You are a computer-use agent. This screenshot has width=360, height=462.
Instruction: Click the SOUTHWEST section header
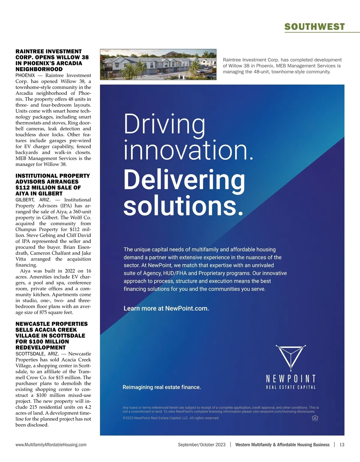point(314,27)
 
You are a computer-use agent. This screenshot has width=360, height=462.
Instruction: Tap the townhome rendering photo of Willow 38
point(158,64)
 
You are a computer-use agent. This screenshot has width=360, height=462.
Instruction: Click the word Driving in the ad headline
point(164,124)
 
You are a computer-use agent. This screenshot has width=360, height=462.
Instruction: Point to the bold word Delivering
point(184,180)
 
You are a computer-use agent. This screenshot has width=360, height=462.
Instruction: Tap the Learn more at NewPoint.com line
point(166,308)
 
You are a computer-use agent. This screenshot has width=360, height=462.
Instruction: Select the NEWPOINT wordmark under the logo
point(291,378)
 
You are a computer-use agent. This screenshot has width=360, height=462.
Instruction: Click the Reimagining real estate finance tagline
point(162,387)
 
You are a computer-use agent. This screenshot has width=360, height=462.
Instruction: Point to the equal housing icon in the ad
point(315,418)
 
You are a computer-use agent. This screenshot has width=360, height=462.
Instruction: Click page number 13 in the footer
point(342,445)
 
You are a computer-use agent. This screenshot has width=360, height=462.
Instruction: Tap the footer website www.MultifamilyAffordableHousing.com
point(51,445)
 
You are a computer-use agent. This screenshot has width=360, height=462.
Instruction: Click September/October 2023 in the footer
point(202,445)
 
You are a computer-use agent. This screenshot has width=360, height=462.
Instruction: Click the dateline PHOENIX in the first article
point(25,76)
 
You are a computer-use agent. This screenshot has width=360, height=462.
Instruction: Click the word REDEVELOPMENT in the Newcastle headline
point(40,347)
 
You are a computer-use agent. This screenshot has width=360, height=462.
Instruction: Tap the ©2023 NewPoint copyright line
point(171,418)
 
